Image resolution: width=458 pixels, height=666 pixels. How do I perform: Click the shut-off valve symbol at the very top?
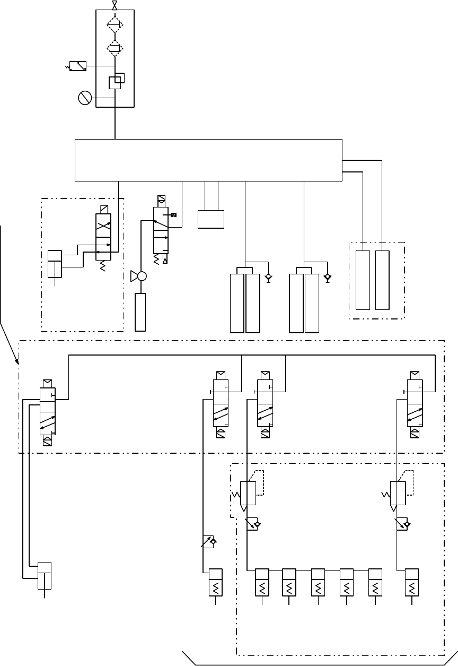[115, 5]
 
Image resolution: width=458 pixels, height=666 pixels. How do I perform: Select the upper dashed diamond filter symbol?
[114, 25]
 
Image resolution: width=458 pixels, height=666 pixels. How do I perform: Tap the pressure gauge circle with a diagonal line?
[85, 98]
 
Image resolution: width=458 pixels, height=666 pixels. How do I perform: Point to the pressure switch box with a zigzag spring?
[78, 66]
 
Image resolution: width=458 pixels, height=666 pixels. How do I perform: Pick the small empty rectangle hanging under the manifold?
[210, 219]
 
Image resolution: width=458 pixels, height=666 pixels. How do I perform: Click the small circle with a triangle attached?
[141, 276]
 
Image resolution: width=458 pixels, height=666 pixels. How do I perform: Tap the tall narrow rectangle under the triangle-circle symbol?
[140, 312]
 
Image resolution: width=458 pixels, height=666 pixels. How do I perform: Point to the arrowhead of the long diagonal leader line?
[19, 365]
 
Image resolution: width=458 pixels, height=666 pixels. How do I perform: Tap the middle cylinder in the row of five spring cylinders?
[318, 583]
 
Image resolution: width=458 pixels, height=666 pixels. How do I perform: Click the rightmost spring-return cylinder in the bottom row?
[412, 583]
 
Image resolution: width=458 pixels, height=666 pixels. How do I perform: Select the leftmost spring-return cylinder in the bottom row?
[215, 583]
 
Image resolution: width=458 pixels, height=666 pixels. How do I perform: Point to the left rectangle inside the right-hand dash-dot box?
[363, 280]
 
